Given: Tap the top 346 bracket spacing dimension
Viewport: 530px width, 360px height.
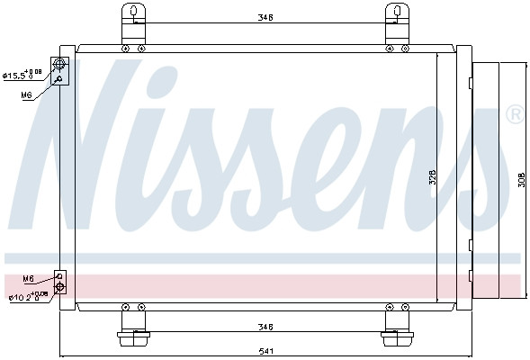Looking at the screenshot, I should [265, 16].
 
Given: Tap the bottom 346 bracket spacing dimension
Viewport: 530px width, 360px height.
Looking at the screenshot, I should [265, 327].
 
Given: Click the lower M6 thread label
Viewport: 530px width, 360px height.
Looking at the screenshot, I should [28, 278].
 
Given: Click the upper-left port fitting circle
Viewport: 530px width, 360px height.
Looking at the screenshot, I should [61, 64].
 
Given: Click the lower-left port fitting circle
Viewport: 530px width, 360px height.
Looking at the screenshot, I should [60, 287].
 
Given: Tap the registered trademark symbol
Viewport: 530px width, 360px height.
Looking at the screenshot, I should [515, 114].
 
